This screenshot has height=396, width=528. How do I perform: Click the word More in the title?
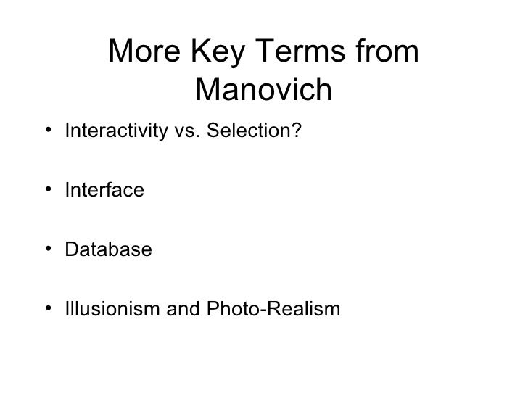(144, 52)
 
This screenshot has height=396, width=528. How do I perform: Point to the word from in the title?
(392, 52)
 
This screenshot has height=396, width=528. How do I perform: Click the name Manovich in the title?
(263, 91)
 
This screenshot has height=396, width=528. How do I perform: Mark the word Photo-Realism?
(263, 310)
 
